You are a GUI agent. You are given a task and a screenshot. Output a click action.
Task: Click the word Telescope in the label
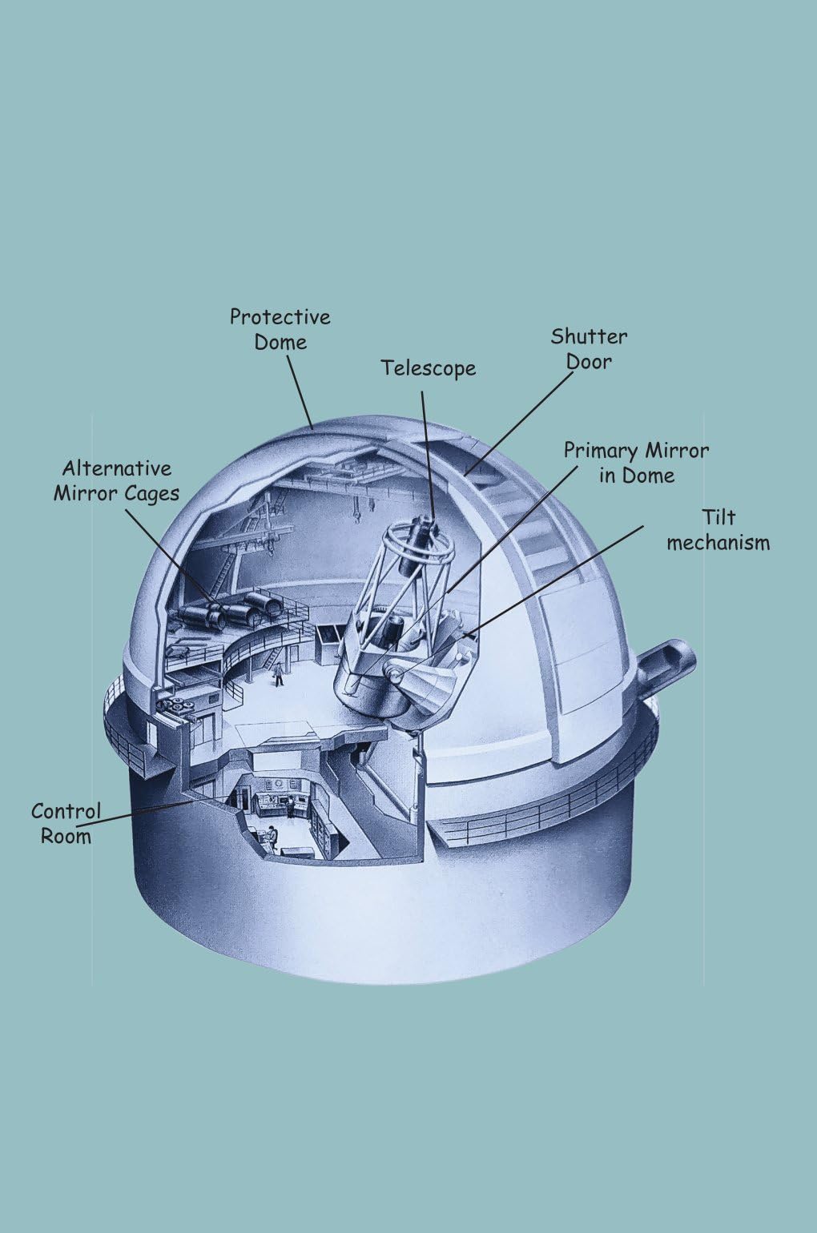pyautogui.click(x=429, y=368)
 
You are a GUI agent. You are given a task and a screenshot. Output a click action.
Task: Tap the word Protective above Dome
pyautogui.click(x=280, y=317)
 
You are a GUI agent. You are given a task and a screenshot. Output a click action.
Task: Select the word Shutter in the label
pyautogui.click(x=589, y=337)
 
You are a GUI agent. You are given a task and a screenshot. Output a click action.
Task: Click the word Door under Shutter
pyautogui.click(x=589, y=362)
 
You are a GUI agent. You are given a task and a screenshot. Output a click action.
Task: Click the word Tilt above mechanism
pyautogui.click(x=718, y=517)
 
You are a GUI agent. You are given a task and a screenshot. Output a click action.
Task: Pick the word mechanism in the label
pyautogui.click(x=718, y=544)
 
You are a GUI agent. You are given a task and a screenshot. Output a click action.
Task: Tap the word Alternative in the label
pyautogui.click(x=117, y=469)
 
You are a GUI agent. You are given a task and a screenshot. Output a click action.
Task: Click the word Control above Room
pyautogui.click(x=66, y=811)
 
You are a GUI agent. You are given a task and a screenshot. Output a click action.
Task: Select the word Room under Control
pyautogui.click(x=66, y=837)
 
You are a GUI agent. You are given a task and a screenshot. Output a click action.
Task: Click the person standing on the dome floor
pyautogui.click(x=279, y=674)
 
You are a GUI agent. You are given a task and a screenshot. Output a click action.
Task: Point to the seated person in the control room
pyautogui.click(x=272, y=837)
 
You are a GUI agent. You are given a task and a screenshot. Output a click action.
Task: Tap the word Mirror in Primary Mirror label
pyautogui.click(x=677, y=452)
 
